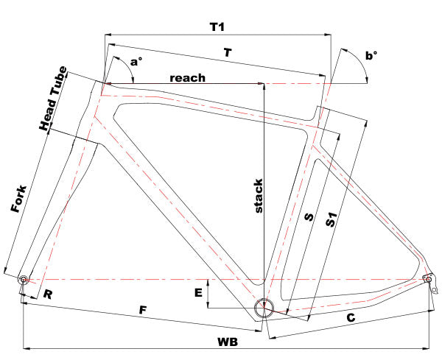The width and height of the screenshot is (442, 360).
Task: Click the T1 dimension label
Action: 216,27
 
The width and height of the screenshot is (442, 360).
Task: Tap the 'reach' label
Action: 187,77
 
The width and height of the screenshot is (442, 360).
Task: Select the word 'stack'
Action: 259,197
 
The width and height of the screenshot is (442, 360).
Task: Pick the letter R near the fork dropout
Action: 47,295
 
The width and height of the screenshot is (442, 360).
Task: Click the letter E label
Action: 197,293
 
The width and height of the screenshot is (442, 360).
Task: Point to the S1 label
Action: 332,219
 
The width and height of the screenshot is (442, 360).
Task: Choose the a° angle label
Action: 135,62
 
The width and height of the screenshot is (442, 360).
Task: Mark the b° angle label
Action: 371,55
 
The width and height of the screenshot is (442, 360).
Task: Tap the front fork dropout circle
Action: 24,280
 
